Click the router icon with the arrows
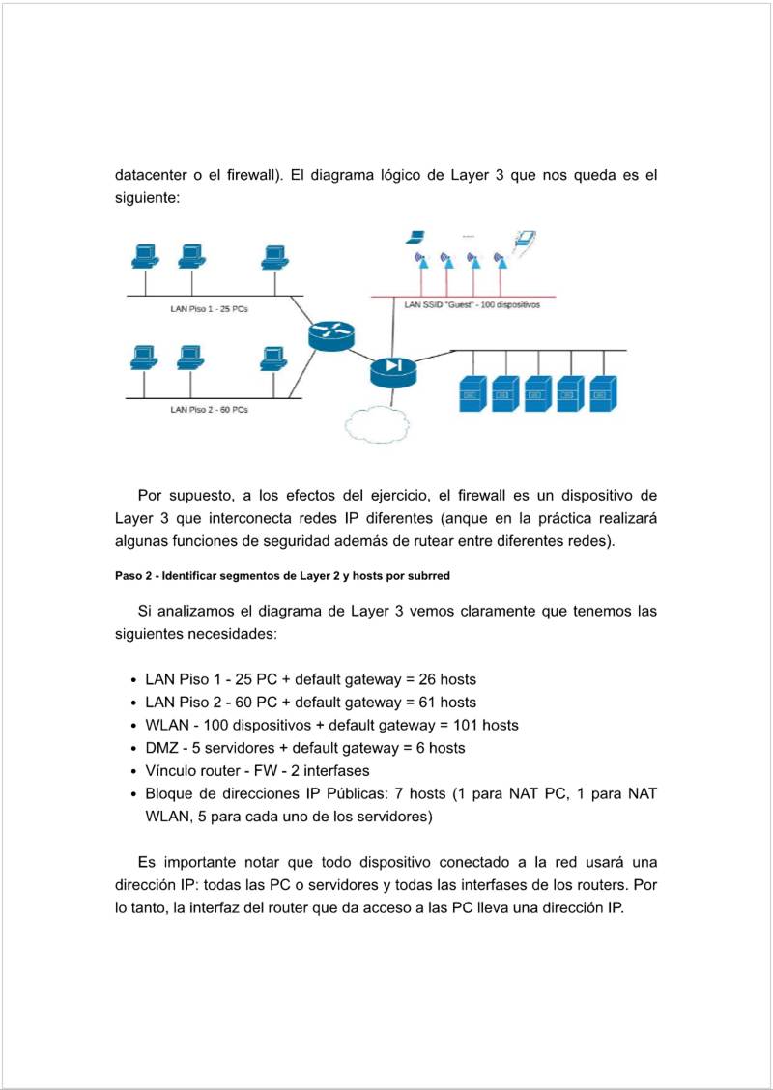(331, 334)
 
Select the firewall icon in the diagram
(392, 367)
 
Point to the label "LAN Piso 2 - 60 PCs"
(209, 410)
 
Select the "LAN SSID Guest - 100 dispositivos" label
(472, 304)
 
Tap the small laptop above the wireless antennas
(416, 237)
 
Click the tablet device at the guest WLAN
(525, 238)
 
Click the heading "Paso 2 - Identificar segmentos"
(282, 576)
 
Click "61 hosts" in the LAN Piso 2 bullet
(447, 703)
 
